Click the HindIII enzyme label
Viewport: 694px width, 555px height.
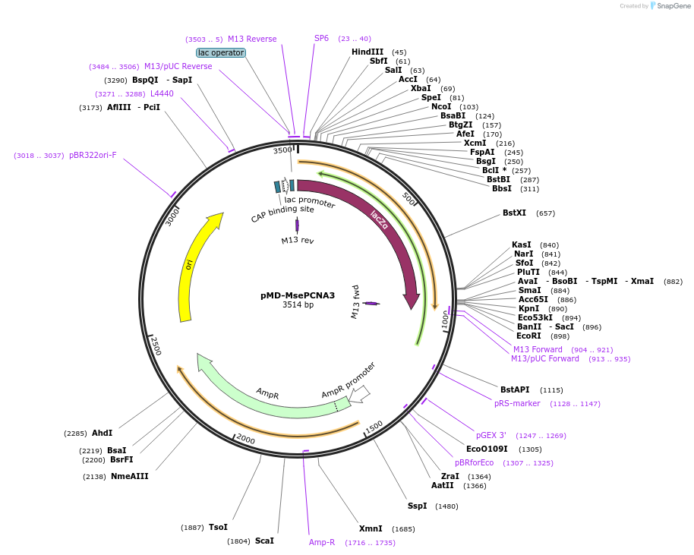(x=368, y=52)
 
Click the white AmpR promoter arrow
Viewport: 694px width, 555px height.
(x=360, y=393)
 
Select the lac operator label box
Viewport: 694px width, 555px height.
(x=221, y=52)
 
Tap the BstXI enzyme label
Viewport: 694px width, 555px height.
(x=514, y=213)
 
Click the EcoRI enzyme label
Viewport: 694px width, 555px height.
(x=528, y=336)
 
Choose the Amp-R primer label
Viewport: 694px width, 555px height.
(x=322, y=542)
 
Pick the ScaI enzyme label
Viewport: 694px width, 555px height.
(x=264, y=541)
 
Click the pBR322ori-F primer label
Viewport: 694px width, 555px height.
(x=93, y=155)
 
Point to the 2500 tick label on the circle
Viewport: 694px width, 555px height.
(x=156, y=346)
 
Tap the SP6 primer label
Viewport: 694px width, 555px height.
(x=321, y=38)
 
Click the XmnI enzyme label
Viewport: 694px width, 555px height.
(x=371, y=528)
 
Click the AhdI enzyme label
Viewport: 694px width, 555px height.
(x=102, y=433)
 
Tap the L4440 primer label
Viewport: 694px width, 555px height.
(x=162, y=93)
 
